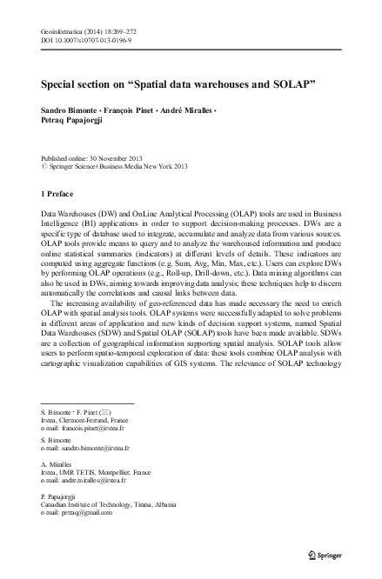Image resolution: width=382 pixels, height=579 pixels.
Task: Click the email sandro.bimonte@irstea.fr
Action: (x=95, y=449)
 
